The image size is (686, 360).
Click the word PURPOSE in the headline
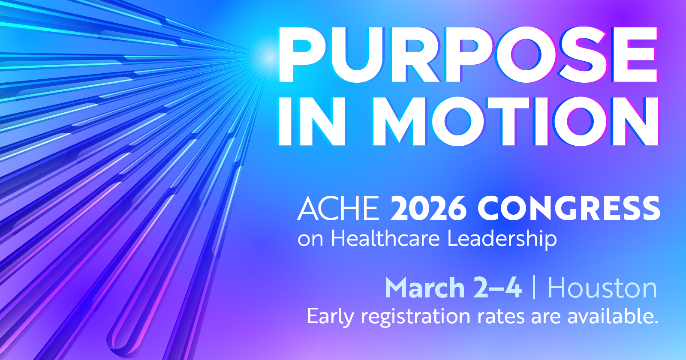pos(468,54)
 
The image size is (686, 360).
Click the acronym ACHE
pos(339,208)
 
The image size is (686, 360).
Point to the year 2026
pos(428,208)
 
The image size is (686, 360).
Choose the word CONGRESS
pos(569,208)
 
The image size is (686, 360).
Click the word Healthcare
pos(385,238)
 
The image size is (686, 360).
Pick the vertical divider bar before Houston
pos(534,287)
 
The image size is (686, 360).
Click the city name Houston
pos(602,288)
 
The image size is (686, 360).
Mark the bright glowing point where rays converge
pos(269,57)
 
